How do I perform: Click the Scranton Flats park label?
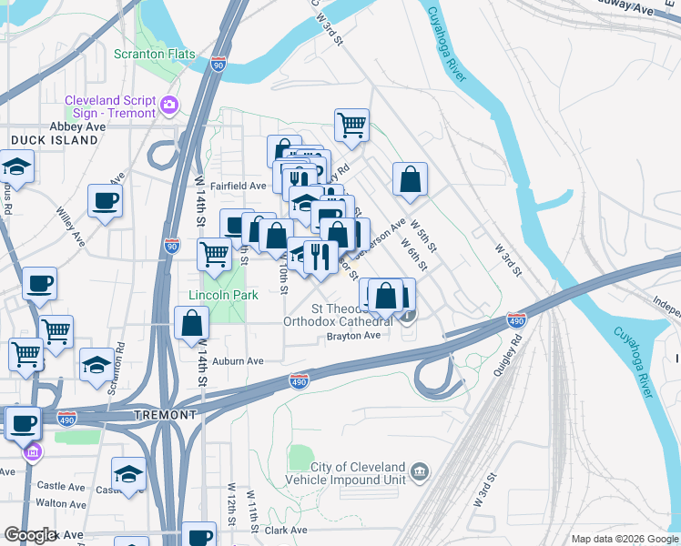click(x=155, y=54)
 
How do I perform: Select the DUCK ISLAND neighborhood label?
click(x=55, y=141)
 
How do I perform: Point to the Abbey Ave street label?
click(x=77, y=126)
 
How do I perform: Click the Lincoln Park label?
click(x=223, y=295)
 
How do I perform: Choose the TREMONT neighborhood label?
click(x=165, y=414)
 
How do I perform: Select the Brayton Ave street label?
click(x=353, y=336)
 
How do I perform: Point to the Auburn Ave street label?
click(x=238, y=361)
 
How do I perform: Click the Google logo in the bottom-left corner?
click(x=29, y=535)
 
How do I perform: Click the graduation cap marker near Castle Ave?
click(x=128, y=473)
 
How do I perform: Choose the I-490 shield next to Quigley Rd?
click(x=516, y=320)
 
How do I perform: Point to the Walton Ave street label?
click(x=62, y=502)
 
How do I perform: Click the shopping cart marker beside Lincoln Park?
click(x=215, y=254)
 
